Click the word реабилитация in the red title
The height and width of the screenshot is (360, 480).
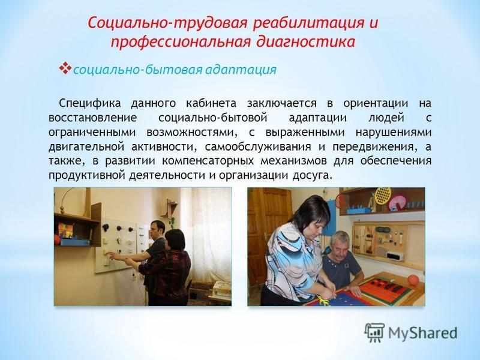(x=308, y=23)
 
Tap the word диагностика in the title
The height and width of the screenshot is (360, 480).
(x=305, y=41)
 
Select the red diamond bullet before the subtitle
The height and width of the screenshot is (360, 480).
(x=65, y=68)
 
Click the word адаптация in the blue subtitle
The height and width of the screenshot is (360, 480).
(x=241, y=70)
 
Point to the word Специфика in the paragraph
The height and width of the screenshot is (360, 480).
(x=89, y=103)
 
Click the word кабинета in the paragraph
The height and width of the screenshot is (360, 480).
(x=211, y=103)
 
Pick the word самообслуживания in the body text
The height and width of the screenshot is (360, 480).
(x=258, y=147)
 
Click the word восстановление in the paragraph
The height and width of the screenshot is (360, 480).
(x=92, y=118)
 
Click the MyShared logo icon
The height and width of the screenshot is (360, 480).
(x=374, y=332)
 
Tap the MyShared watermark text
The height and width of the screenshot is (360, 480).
(x=422, y=332)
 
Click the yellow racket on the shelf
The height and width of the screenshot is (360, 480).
(x=383, y=196)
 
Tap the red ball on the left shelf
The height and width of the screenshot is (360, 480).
(x=56, y=239)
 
